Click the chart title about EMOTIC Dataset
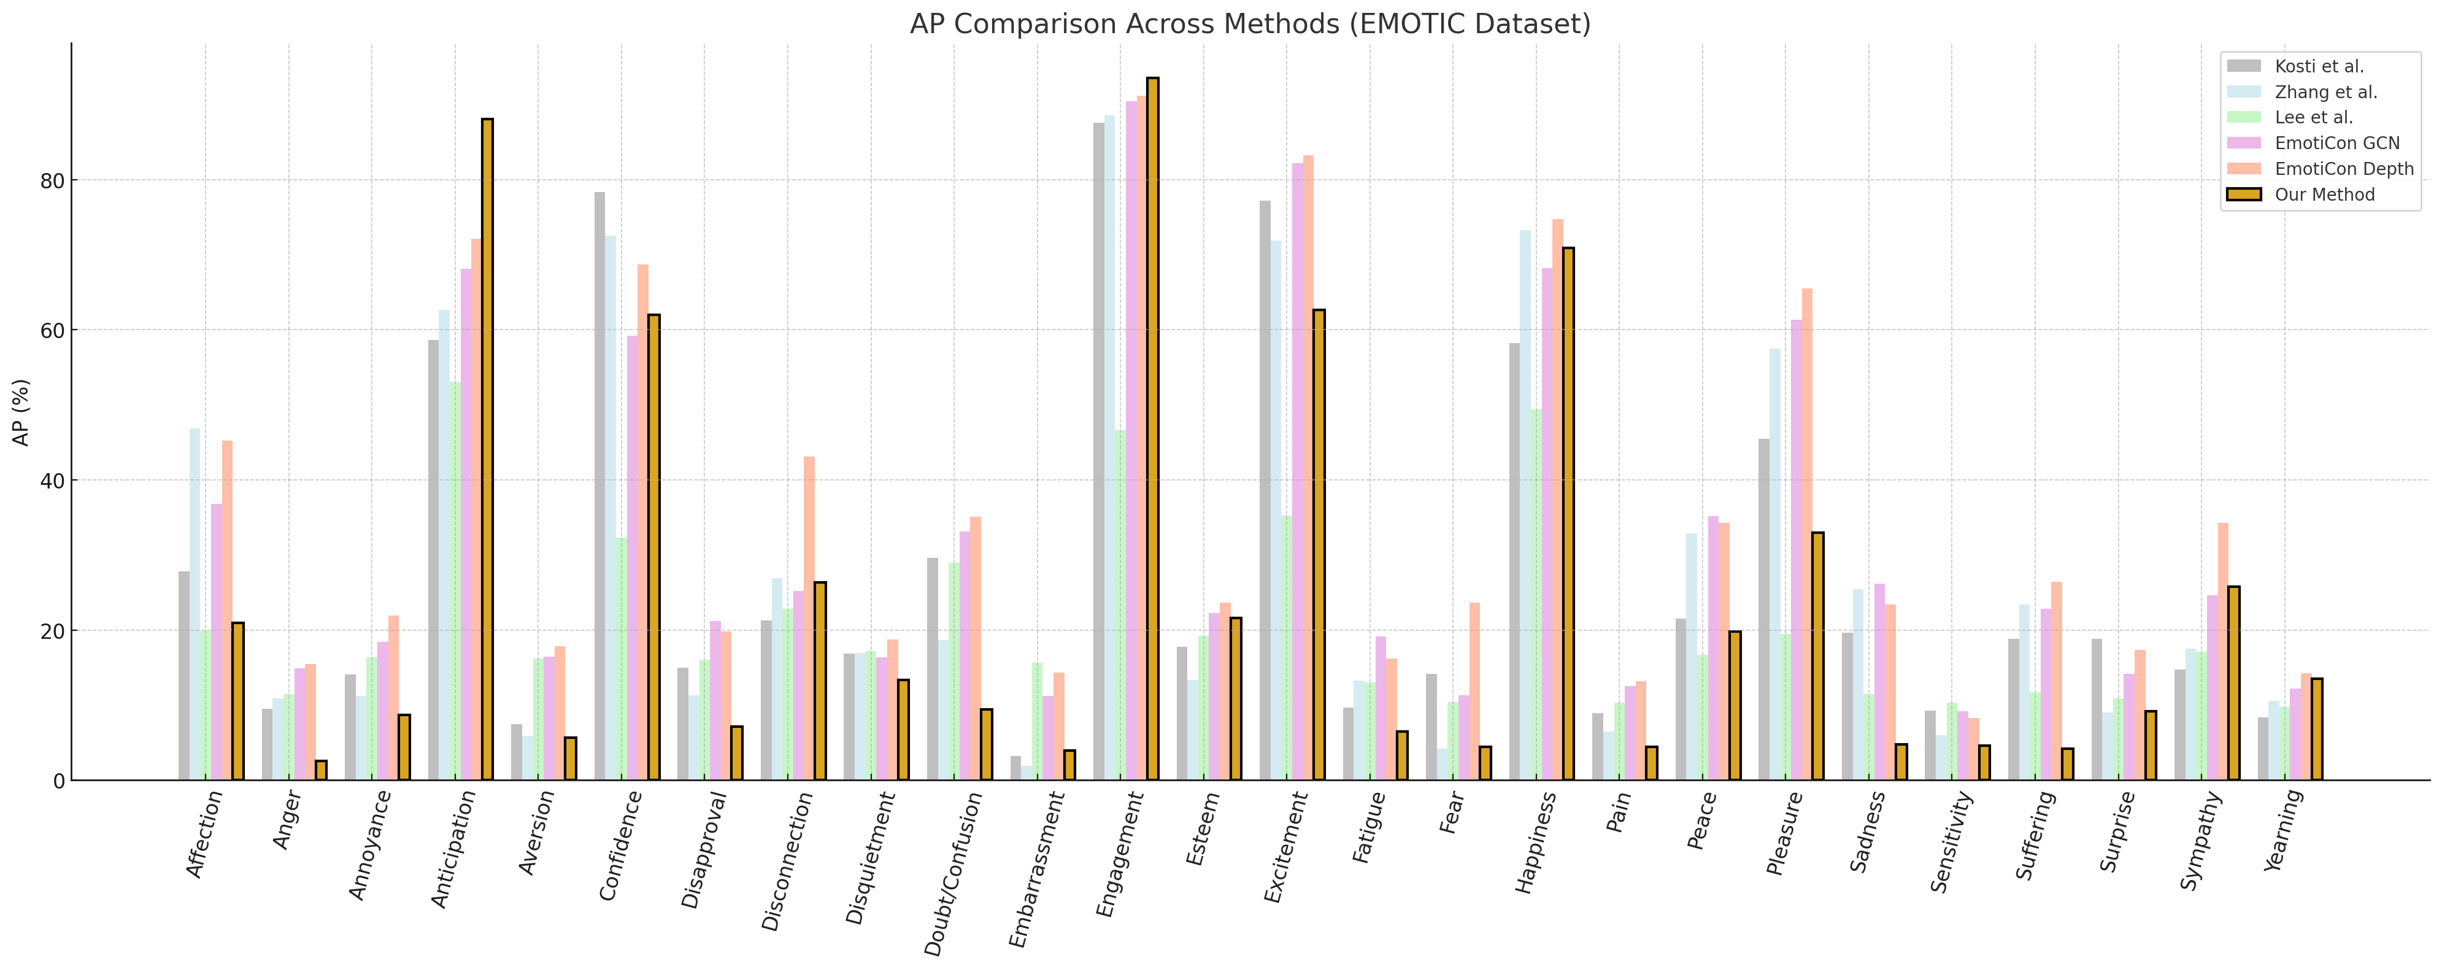(1249, 24)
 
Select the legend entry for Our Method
(2324, 195)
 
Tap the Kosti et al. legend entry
(2319, 66)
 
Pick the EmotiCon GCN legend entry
(2337, 143)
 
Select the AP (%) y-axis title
(21, 412)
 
